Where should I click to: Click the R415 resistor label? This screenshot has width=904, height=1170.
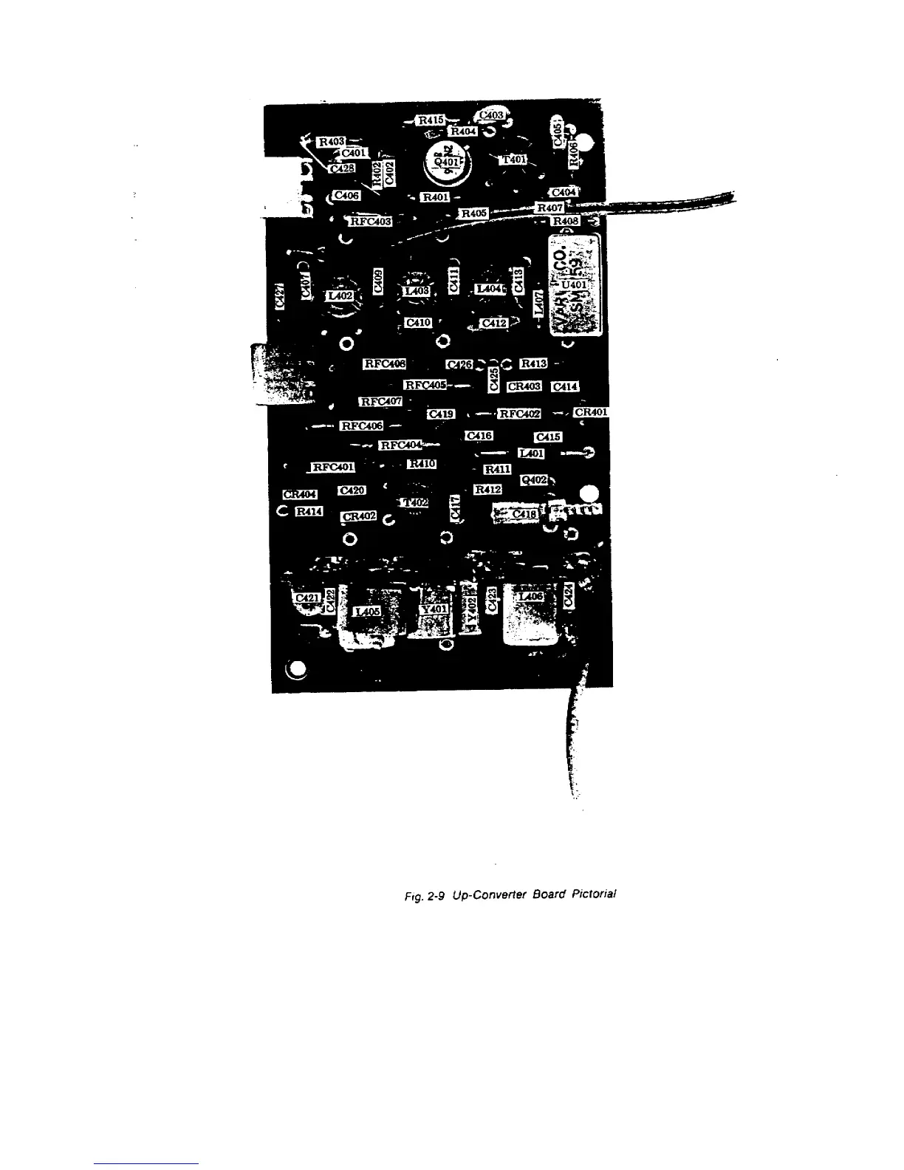pyautogui.click(x=431, y=120)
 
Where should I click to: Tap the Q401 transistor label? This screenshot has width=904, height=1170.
pyautogui.click(x=447, y=162)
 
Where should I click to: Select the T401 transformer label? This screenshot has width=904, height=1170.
pyautogui.click(x=514, y=160)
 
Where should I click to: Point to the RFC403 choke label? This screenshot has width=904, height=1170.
pyautogui.click(x=370, y=221)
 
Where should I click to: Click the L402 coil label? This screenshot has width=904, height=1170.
pyautogui.click(x=340, y=295)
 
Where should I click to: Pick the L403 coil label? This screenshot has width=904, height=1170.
pyautogui.click(x=417, y=292)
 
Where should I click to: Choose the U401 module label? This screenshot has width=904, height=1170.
pyautogui.click(x=575, y=284)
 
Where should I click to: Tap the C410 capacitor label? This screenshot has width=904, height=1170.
pyautogui.click(x=418, y=323)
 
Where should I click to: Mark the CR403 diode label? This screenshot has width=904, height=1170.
pyautogui.click(x=524, y=386)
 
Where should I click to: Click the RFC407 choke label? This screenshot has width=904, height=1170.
pyautogui.click(x=380, y=402)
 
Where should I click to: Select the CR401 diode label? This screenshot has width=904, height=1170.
pyautogui.click(x=591, y=412)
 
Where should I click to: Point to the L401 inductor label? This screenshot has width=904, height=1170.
pyautogui.click(x=532, y=454)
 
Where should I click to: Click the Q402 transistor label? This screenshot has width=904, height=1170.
pyautogui.click(x=534, y=480)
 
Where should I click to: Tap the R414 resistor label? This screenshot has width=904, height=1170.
pyautogui.click(x=309, y=511)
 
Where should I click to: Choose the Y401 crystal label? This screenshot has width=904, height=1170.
pyautogui.click(x=434, y=609)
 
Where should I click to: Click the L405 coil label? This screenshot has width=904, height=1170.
pyautogui.click(x=367, y=612)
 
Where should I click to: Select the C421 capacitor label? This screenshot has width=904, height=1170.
pyautogui.click(x=307, y=598)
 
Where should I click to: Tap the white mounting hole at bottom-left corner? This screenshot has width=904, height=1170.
pyautogui.click(x=297, y=671)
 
